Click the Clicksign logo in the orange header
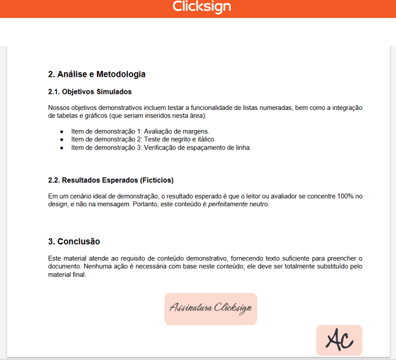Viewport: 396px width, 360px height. tap(202, 7)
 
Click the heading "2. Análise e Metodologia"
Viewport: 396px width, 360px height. tap(96, 74)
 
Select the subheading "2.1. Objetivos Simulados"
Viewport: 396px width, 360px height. tap(89, 92)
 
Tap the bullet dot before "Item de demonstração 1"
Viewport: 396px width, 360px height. tap(62, 131)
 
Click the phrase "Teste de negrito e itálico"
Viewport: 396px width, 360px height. tap(180, 140)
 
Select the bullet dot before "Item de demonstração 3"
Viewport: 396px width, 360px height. tap(62, 148)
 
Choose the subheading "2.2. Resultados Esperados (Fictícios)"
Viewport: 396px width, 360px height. tap(111, 180)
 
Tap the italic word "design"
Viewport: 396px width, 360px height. tap(58, 204)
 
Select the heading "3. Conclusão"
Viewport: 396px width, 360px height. tap(74, 241)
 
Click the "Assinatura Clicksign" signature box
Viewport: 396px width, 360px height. tap(210, 309)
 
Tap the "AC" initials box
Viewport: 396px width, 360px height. tap(339, 340)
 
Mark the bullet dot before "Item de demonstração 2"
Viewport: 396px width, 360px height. tap(62, 140)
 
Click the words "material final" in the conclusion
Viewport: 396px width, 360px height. tap(67, 274)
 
